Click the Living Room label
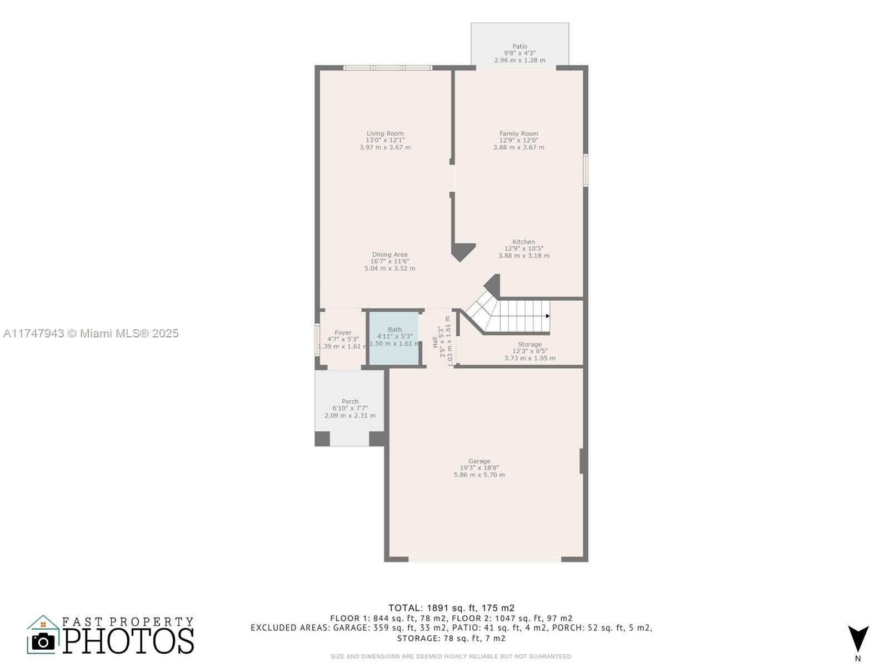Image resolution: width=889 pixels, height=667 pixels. click(384, 133)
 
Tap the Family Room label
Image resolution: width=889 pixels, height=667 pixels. click(518, 133)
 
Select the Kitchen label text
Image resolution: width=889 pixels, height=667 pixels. click(523, 242)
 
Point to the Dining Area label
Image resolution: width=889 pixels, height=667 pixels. click(389, 255)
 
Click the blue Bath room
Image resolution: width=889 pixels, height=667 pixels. click(394, 339)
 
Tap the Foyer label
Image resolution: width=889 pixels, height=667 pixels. click(343, 333)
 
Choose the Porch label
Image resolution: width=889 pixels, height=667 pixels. click(350, 401)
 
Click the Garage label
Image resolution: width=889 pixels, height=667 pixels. click(479, 461)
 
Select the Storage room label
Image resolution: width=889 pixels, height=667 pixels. click(530, 344)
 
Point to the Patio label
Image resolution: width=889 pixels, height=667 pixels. click(520, 47)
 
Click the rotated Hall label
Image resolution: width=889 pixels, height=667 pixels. click(434, 342)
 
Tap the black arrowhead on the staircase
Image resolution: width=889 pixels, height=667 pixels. click(548, 316)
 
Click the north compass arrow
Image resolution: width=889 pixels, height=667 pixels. click(858, 639)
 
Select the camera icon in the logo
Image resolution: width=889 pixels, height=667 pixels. click(43, 641)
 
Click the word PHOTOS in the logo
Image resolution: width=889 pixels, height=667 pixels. click(128, 641)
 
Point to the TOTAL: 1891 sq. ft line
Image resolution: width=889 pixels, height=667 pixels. click(451, 608)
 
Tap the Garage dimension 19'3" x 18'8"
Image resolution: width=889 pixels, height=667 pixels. click(479, 468)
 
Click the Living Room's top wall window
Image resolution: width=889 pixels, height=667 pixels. click(388, 68)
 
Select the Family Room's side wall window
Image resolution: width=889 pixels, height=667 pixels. click(585, 170)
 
